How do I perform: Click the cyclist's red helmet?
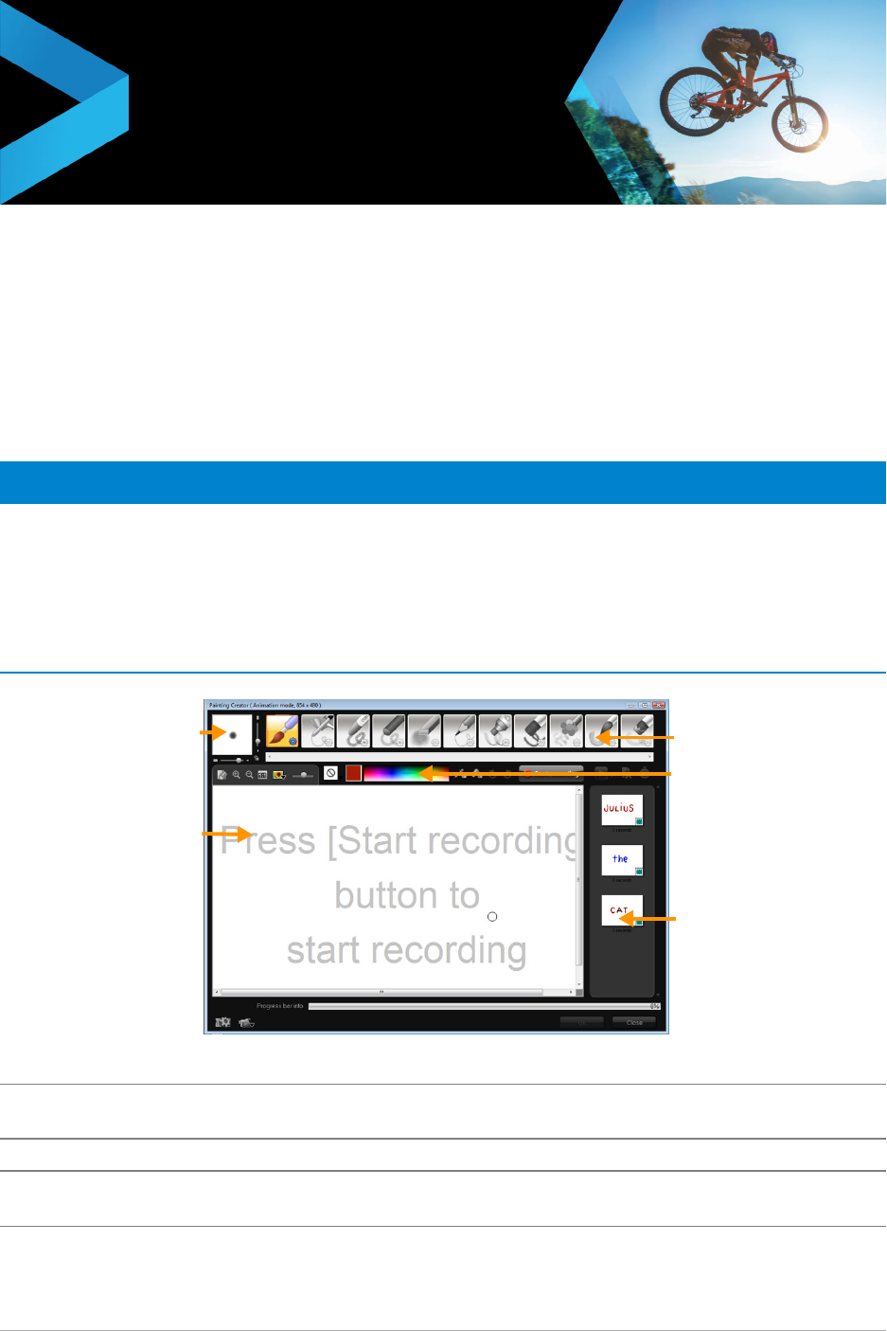coord(768,42)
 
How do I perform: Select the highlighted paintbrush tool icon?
coord(282,731)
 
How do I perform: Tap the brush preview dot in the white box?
coord(232,735)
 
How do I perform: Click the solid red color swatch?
coord(353,773)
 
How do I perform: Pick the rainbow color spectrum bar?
coord(398,773)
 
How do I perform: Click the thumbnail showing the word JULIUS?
coord(621,809)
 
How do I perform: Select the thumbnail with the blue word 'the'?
coord(621,859)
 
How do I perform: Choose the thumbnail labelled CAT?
coord(621,910)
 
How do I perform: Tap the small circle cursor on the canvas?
coord(492,917)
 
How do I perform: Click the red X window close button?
coord(660,705)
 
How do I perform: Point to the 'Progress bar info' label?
coord(279,1006)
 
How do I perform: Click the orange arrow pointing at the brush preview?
coord(207,733)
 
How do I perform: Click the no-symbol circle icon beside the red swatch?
coord(330,773)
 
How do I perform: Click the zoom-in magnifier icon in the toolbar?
coord(236,774)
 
